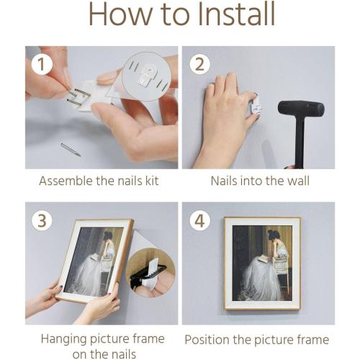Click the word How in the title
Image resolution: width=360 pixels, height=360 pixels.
pos(121,14)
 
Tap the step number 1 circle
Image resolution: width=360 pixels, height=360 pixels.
pos(42,64)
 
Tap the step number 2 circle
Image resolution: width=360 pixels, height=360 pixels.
pos(200,64)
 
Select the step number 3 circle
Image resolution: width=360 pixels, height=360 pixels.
pos(42,220)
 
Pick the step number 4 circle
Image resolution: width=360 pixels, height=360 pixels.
pos(200,220)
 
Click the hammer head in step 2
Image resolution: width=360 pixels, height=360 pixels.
pos(301,108)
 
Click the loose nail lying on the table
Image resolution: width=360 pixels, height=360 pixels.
pos(71,150)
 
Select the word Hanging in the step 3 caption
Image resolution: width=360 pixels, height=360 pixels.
pos(63,340)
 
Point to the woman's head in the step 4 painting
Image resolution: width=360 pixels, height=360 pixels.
pos(273,235)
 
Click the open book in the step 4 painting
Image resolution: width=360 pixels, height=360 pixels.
pos(264,259)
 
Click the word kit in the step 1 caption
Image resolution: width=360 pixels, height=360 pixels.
pos(153,181)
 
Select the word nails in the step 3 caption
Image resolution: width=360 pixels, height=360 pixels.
pos(122,354)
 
